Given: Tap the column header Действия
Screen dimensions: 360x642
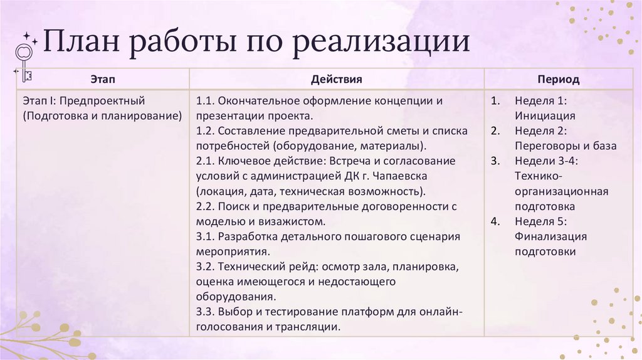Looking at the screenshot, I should click(x=336, y=80).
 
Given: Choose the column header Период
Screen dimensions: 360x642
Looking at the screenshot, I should click(x=558, y=80).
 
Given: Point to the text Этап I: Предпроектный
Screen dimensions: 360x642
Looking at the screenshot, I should click(x=83, y=100).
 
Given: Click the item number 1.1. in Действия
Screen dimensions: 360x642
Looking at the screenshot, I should click(x=206, y=101).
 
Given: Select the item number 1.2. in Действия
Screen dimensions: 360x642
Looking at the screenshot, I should click(x=206, y=131).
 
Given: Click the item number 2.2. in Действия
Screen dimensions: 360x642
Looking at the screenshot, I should click(x=206, y=206).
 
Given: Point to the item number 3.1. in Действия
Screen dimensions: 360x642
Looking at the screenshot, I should click(x=206, y=236).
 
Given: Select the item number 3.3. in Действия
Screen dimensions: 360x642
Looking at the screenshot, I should click(x=206, y=312).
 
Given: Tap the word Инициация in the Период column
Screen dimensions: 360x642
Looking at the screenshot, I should click(x=544, y=116).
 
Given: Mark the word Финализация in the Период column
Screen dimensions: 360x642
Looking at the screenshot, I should click(x=550, y=236).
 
